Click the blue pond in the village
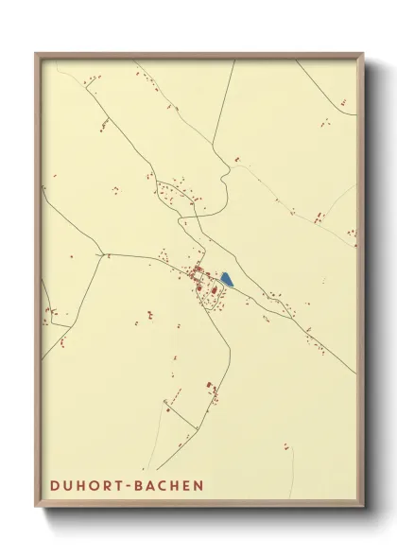[227, 279]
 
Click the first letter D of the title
[53, 486]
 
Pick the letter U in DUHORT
[67, 486]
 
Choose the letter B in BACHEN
[140, 486]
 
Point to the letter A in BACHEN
[152, 486]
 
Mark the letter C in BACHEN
[164, 486]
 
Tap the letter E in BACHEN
[186, 486]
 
